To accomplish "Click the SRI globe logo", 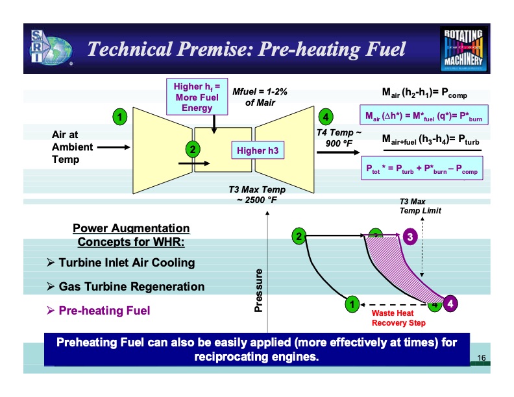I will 49,47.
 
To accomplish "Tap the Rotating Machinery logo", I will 463,47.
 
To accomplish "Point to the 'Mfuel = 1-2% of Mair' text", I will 260,97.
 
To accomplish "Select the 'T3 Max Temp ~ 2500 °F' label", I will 256,194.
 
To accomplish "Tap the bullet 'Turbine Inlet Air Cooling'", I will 127,263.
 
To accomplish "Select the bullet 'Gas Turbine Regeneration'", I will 131,287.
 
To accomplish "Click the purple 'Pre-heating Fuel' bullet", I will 104,311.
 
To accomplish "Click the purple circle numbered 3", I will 410,236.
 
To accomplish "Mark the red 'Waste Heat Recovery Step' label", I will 398,317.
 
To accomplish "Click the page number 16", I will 482,357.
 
